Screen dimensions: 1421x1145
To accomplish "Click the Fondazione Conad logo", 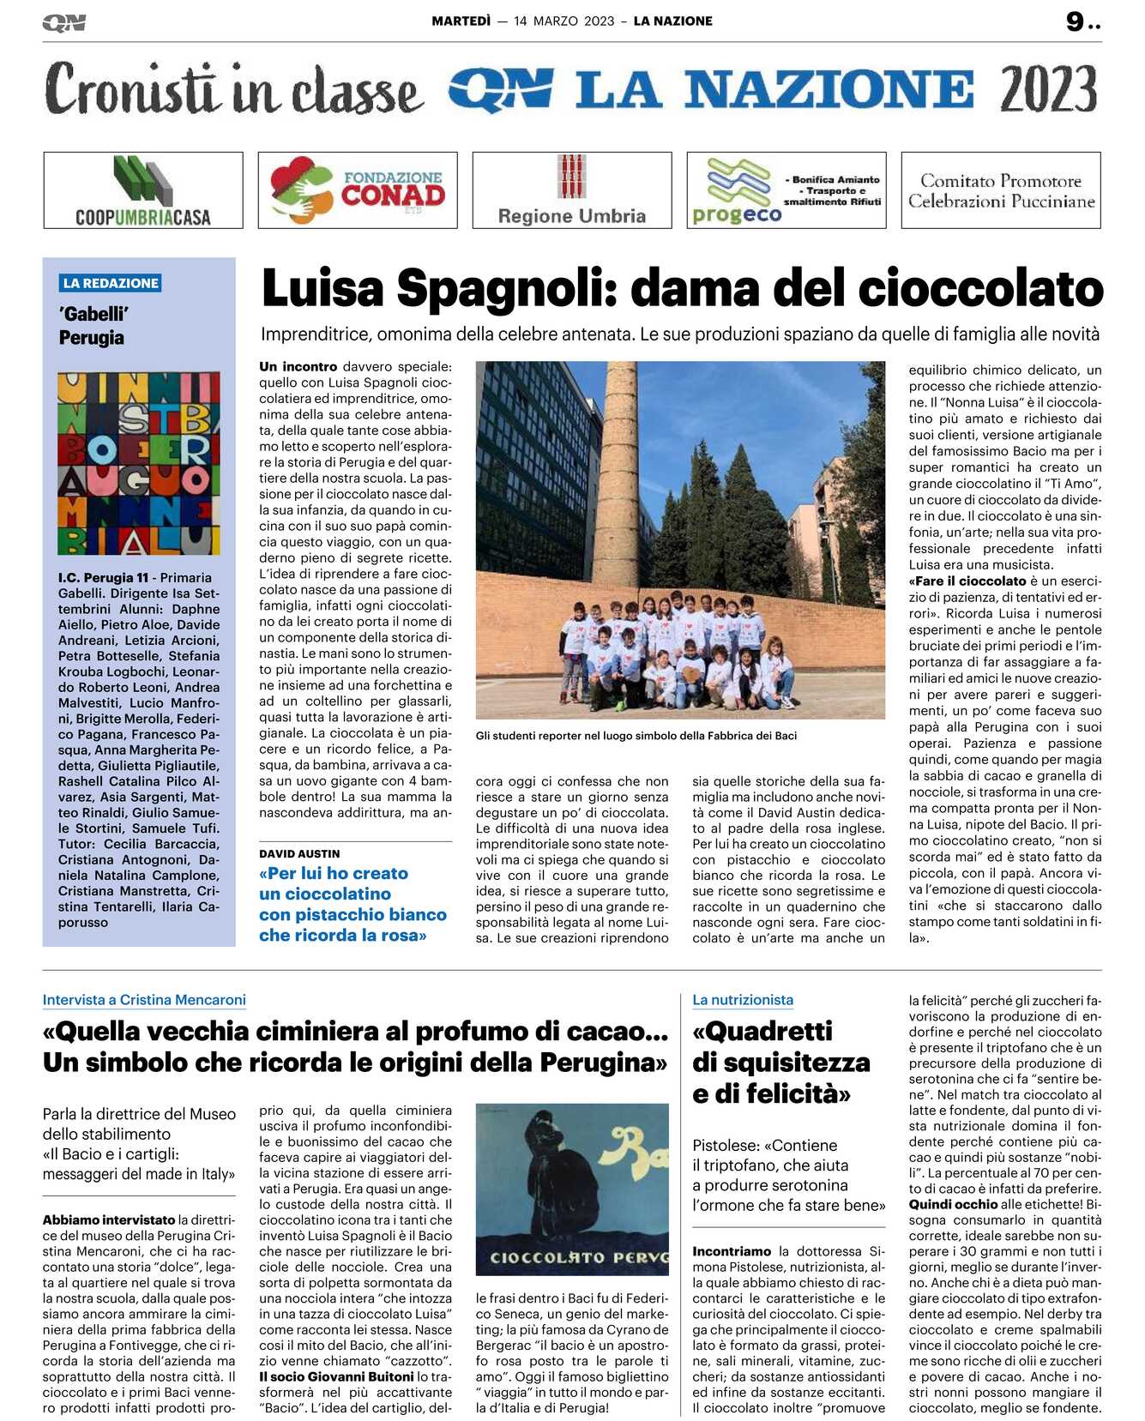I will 358,190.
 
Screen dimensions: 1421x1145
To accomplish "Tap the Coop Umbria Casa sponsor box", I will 143,190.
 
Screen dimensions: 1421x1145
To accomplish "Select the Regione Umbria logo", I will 572,190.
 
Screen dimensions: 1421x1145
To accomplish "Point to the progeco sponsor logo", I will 738,190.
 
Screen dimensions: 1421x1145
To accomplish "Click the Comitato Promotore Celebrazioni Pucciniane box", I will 1001,190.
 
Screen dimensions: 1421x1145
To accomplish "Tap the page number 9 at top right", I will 1076,21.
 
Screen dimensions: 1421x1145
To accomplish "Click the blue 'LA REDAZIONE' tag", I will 111,283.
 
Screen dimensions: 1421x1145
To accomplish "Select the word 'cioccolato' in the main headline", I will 980,288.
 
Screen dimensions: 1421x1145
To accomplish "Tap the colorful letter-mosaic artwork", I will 139,463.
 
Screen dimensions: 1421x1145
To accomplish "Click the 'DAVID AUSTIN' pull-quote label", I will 299,854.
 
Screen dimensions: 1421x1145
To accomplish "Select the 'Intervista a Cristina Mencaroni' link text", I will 144,1000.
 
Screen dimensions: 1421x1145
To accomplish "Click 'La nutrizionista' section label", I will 743,1000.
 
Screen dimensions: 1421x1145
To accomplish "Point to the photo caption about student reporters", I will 636,736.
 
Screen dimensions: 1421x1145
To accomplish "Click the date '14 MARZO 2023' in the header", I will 564,21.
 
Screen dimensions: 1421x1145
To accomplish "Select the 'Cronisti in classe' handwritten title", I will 233,89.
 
